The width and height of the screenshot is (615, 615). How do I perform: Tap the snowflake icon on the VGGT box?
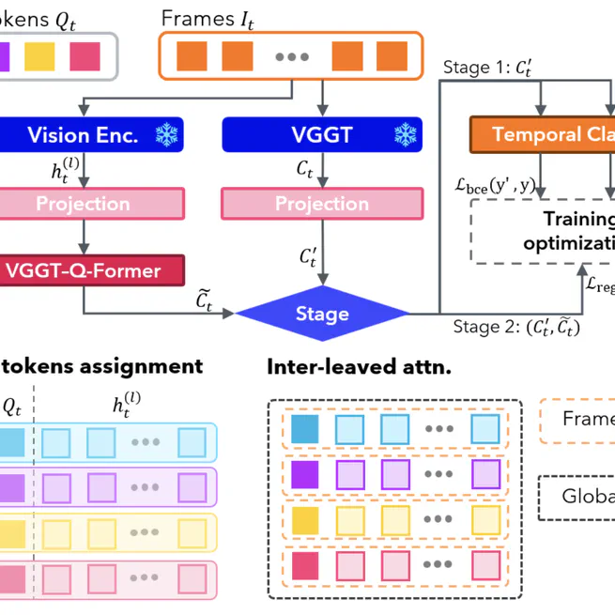(405, 135)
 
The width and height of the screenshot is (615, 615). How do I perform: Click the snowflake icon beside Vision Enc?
(167, 135)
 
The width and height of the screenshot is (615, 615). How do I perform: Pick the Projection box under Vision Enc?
(85, 203)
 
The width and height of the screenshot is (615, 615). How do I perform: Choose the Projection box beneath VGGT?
(322, 203)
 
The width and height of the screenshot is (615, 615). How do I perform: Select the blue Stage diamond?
(322, 314)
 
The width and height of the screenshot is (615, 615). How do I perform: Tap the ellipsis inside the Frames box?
(292, 56)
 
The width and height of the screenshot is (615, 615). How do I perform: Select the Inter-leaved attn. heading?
(359, 366)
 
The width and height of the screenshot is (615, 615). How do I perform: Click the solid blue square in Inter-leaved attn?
(305, 430)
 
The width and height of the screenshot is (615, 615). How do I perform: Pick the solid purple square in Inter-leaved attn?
(305, 475)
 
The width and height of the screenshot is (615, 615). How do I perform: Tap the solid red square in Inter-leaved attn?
(305, 565)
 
